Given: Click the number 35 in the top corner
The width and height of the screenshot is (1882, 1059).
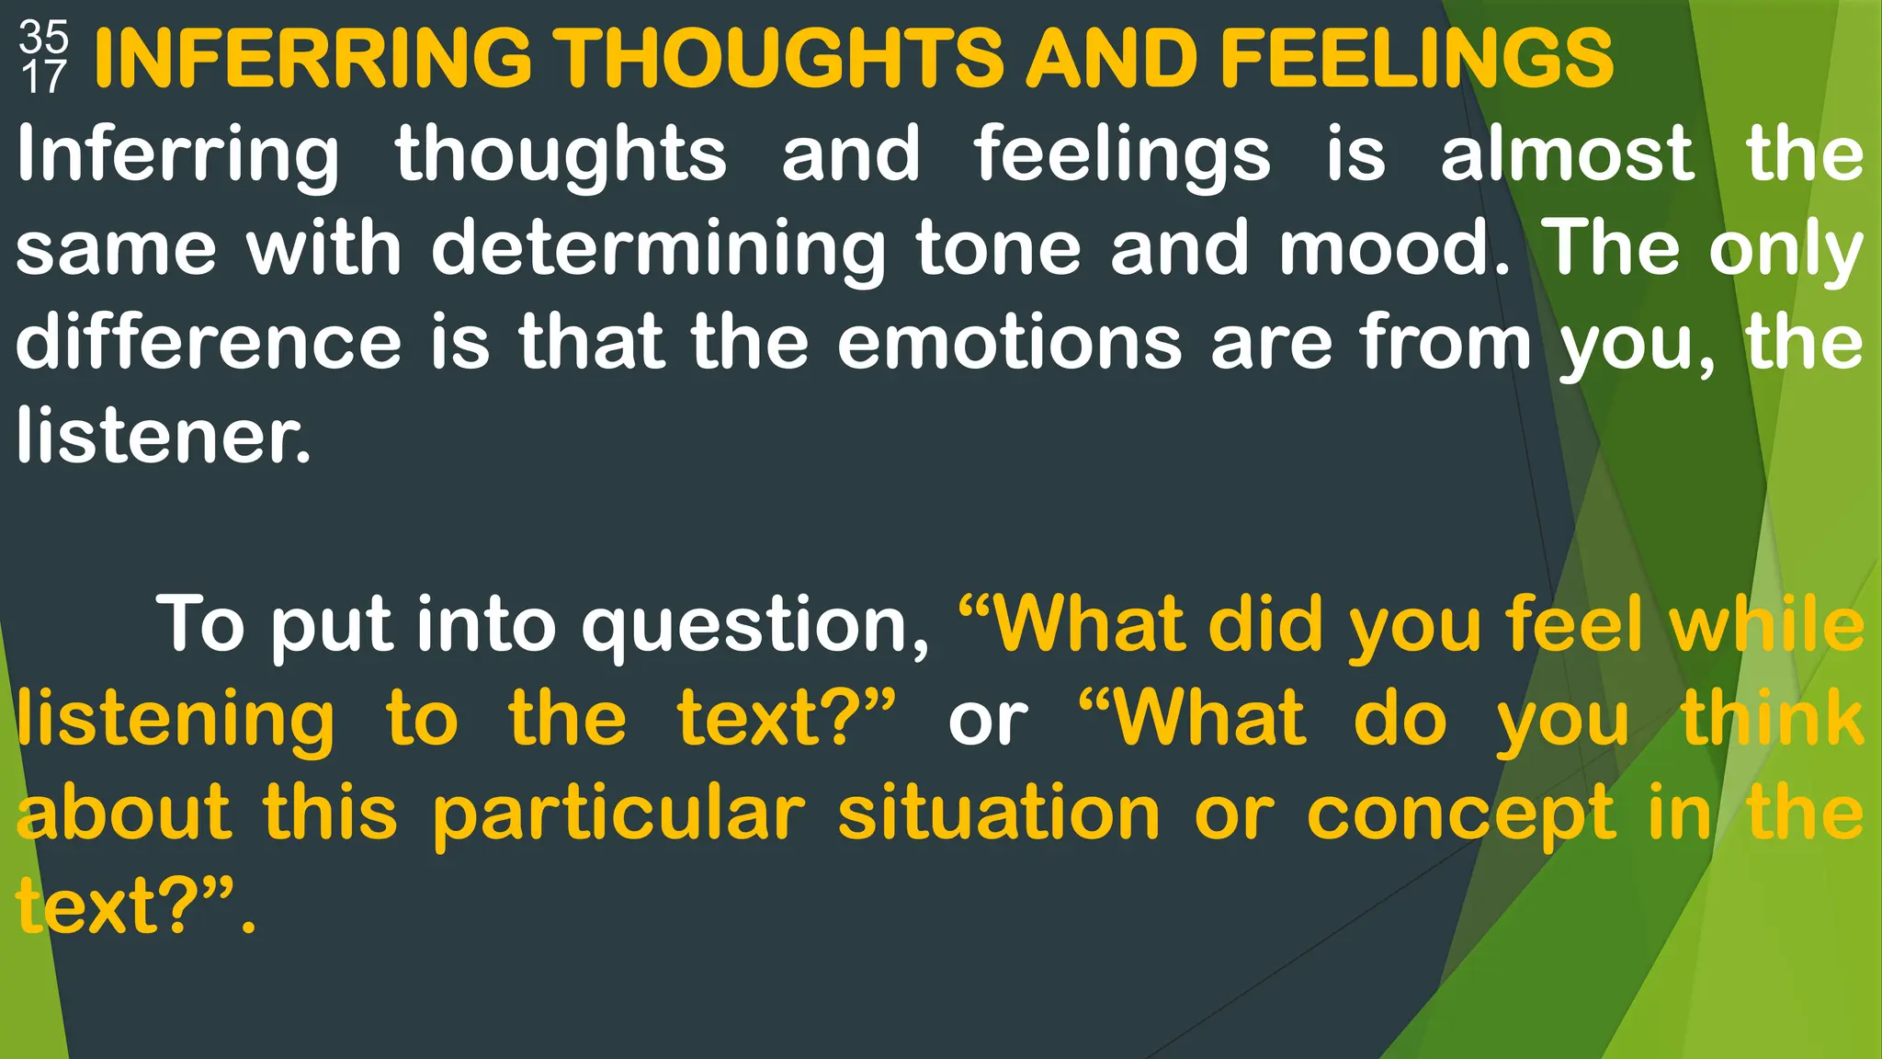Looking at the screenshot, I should coord(43,37).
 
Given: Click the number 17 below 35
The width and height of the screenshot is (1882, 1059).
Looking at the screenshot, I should coord(43,77).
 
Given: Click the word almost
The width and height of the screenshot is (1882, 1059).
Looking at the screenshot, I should coord(1567,154).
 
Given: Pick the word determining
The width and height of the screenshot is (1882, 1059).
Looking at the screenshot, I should coord(658,249).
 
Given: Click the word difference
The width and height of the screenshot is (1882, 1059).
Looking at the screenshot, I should coord(209,342).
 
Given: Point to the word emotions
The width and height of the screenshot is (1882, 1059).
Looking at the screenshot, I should coord(1009,342).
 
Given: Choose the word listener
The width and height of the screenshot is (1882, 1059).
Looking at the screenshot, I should coord(163,436).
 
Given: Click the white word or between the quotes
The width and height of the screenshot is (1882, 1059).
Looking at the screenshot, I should coord(988,721).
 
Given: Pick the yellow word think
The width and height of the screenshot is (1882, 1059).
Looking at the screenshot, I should coord(1773,719).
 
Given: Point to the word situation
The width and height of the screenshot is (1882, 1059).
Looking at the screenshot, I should coord(999,814).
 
